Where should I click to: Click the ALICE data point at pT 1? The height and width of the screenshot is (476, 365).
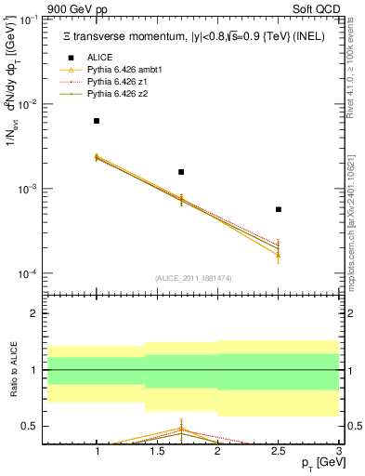pos(97,121)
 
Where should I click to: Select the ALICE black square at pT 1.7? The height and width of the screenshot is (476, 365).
pos(181,172)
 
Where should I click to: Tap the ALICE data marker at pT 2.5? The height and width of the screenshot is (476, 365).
pos(278,209)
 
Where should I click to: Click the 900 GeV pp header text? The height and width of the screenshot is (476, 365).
pos(78,7)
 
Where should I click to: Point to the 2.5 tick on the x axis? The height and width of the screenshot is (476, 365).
pos(278,452)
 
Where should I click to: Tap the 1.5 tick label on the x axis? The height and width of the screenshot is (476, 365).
pos(157,452)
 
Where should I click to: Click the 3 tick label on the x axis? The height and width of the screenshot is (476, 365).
pos(338,452)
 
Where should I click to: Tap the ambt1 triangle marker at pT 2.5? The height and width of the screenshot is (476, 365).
pos(278,255)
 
